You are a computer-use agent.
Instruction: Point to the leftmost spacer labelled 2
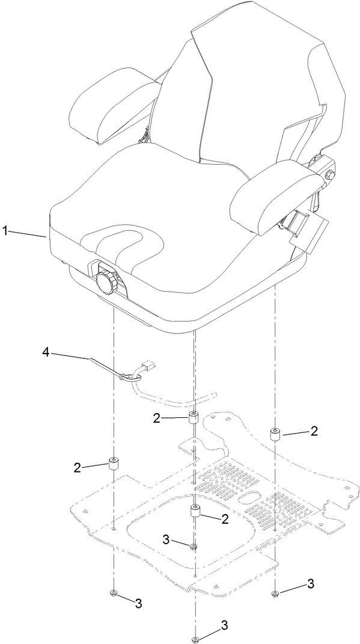pos(113,464)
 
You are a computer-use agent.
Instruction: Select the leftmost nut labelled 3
pos(114,594)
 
